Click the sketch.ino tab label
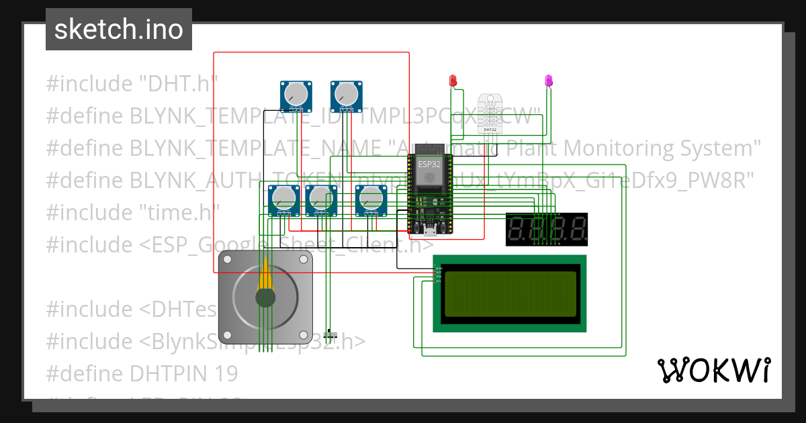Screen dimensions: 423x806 118,30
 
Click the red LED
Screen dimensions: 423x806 453,81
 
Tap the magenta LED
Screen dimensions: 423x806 549,81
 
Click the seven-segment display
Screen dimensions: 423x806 547,229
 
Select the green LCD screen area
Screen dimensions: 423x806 510,294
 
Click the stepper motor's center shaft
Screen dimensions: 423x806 266,298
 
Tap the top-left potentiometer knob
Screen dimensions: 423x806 296,93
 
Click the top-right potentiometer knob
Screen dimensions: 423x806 347,93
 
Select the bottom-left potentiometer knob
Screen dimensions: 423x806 283,197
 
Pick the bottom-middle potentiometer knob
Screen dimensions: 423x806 321,197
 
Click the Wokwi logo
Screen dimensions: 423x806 713,370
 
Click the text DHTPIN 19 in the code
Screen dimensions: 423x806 181,373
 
